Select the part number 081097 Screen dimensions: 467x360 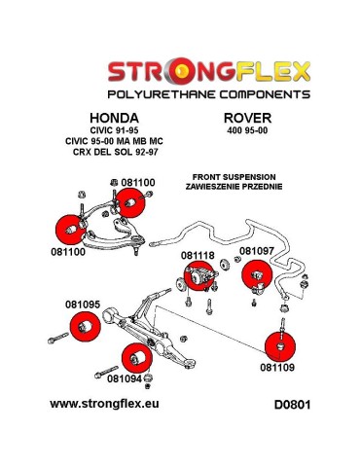(256, 250)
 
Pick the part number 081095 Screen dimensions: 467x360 (84, 305)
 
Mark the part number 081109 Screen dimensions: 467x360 (279, 368)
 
